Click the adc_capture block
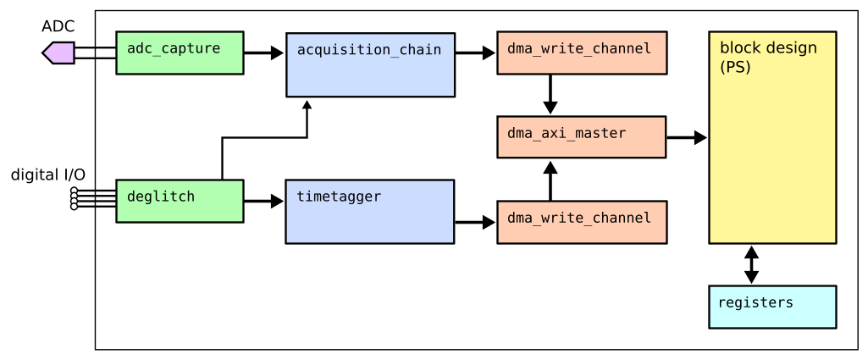(180, 53)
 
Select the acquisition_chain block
(370, 64)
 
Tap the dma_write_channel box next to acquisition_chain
(582, 53)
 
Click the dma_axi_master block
(582, 137)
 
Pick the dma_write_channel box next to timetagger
(582, 222)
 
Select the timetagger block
(370, 211)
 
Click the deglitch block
(180, 201)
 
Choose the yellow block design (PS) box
(772, 137)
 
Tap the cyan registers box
(772, 307)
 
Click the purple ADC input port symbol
(57, 53)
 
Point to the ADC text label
(58, 26)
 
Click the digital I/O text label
(47, 175)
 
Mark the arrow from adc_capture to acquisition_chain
(264, 53)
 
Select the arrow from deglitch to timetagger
(264, 202)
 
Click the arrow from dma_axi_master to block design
(687, 137)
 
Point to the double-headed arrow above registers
(751, 264)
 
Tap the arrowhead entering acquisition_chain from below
(307, 105)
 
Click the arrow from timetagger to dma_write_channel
(475, 223)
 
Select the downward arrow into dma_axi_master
(550, 95)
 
